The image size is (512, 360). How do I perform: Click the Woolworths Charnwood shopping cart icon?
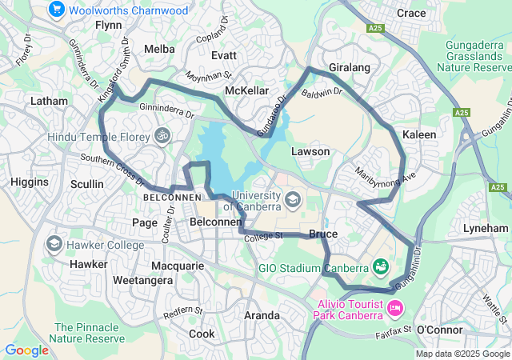(x=56, y=10)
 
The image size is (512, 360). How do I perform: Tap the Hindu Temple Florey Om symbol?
(x=162, y=136)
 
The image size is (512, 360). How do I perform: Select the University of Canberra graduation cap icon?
(x=293, y=198)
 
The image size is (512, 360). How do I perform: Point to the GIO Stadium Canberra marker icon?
(x=380, y=266)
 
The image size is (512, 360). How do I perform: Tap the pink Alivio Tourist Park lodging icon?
(x=394, y=307)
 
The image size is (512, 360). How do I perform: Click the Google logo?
(x=26, y=350)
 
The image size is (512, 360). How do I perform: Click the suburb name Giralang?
(x=349, y=68)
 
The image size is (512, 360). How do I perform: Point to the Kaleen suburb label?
(x=419, y=134)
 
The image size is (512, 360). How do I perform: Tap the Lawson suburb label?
(x=310, y=151)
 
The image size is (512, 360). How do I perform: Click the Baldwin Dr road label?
(x=322, y=94)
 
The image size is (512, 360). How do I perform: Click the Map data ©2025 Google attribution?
(x=462, y=354)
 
